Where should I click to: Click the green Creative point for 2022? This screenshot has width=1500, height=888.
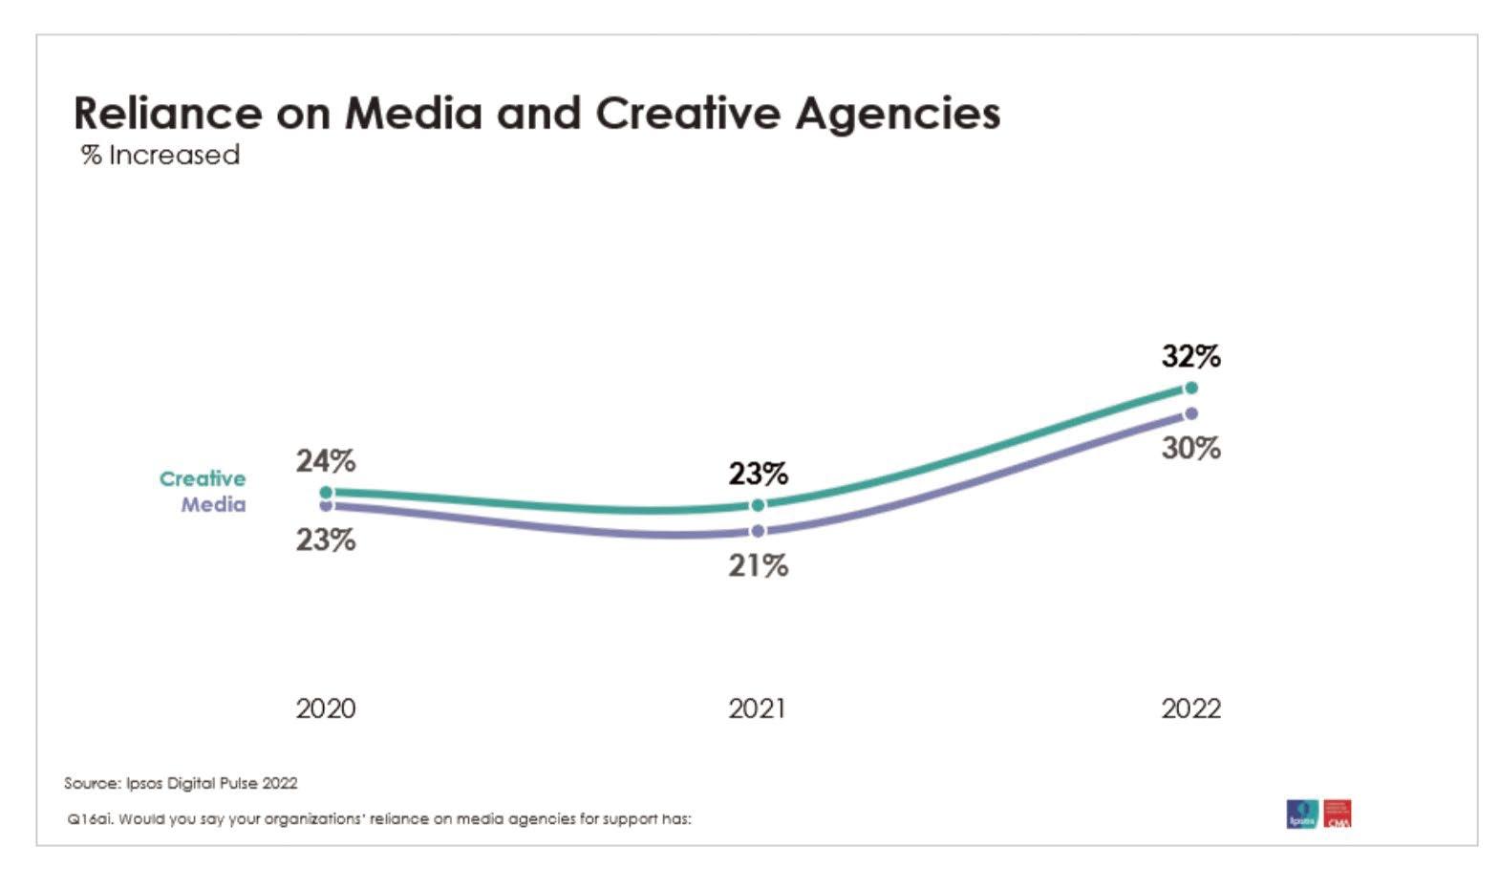coord(1190,388)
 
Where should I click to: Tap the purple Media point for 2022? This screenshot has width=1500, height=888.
coord(1190,413)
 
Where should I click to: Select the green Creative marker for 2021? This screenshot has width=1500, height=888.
coord(758,505)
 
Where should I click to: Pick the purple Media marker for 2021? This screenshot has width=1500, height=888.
coord(758,531)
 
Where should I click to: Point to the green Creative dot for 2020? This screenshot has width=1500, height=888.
coord(326,493)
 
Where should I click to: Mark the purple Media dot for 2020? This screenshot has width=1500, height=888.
coord(326,506)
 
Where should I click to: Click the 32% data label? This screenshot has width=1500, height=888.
coord(1190,356)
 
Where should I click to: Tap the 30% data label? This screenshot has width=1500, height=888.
coord(1190,448)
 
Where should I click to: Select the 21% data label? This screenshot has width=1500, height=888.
coord(758,566)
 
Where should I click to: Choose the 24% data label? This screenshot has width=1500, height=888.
coord(325,461)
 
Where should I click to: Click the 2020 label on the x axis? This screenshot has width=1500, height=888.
coord(325,708)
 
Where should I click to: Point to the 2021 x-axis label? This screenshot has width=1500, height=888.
coord(757,708)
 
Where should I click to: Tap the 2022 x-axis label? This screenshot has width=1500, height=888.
coord(1190,708)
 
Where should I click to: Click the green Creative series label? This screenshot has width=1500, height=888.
coord(202,478)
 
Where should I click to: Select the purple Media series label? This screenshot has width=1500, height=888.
coord(213,504)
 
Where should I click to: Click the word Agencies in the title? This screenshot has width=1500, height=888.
coord(897,113)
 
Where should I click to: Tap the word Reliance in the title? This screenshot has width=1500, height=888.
coord(167,113)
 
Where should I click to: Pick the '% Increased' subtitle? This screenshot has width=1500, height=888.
coord(161,155)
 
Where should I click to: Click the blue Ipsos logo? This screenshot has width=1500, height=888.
coord(1301,814)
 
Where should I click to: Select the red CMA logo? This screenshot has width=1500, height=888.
coord(1338,814)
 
